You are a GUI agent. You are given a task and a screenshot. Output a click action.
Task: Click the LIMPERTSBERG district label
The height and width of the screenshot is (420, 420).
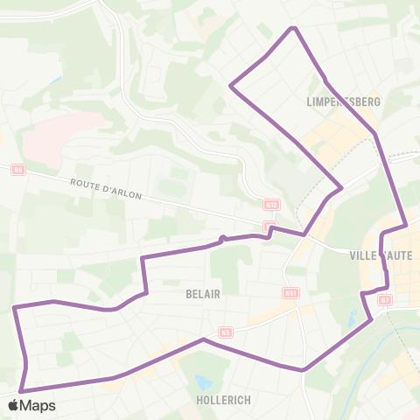(x=343, y=101)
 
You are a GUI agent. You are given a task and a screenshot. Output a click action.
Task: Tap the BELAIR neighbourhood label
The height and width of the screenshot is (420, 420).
(x=202, y=295)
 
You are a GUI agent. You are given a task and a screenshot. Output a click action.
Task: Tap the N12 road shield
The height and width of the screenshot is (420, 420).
(x=271, y=205)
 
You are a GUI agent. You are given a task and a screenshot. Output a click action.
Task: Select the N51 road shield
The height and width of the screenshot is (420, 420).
(x=291, y=293)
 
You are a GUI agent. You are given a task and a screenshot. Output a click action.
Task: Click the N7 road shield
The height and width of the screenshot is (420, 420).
(x=385, y=300)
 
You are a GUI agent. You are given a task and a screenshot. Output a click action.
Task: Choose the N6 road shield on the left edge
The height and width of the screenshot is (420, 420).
(x=17, y=169)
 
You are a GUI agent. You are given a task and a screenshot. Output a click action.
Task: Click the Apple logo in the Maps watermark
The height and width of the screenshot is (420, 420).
(x=13, y=405)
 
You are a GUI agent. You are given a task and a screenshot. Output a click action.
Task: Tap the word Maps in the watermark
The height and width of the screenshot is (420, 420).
(x=38, y=405)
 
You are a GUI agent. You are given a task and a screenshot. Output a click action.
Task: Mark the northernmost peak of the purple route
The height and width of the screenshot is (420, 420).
(x=295, y=28)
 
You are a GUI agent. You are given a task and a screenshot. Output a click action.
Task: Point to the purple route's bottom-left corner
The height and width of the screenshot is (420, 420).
(x=20, y=391)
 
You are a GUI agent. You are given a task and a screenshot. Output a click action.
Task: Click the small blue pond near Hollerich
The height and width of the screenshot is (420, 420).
(x=205, y=382)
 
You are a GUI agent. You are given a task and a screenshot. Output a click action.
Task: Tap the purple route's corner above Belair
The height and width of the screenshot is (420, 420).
(x=142, y=259)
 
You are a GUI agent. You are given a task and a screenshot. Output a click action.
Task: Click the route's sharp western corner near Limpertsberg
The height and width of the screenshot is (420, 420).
(x=230, y=85)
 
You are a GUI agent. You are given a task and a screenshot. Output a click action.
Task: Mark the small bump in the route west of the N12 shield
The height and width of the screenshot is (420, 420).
(x=223, y=238)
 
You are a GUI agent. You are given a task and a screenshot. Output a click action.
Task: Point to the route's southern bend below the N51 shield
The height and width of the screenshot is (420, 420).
(x=303, y=369)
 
